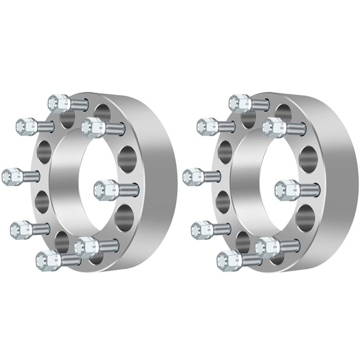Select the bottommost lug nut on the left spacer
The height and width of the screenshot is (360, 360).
pyautogui.click(x=47, y=258)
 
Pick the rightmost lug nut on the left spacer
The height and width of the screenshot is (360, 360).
pyautogui.click(x=105, y=187)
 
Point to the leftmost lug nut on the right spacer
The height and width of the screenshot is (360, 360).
pyautogui.click(x=193, y=176)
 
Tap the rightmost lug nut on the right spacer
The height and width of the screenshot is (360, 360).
pyautogui.click(x=286, y=188)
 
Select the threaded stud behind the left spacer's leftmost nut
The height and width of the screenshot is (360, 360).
pyautogui.click(x=31, y=176)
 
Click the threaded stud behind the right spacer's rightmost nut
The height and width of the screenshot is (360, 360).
pyautogui.click(x=309, y=187)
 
